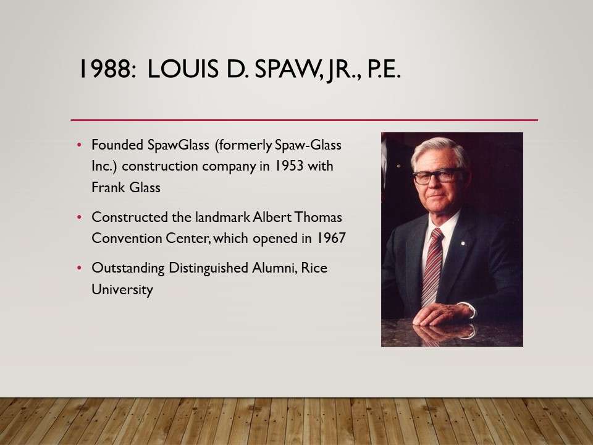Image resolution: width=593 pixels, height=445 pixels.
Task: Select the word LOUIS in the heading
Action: (x=183, y=69)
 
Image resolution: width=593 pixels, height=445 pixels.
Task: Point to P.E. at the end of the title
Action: (x=383, y=69)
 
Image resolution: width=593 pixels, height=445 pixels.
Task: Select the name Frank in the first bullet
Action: (x=107, y=187)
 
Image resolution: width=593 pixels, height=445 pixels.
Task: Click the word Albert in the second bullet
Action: (x=272, y=217)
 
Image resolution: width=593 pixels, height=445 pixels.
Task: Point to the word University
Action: (x=122, y=289)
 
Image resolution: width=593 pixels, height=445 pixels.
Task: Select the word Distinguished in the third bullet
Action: (x=208, y=268)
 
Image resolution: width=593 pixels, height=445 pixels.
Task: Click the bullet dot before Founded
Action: (x=80, y=145)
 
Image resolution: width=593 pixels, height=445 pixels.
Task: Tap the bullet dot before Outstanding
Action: (x=80, y=268)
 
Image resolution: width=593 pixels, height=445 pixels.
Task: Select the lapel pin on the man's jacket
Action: (x=463, y=244)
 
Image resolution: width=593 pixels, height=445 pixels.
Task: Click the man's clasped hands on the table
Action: (x=442, y=314)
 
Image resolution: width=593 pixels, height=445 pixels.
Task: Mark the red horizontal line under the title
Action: (x=304, y=120)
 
